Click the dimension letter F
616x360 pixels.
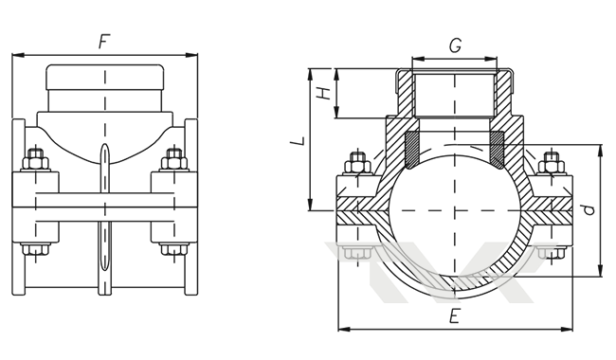pyautogui.click(x=104, y=42)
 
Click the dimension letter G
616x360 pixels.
pyautogui.click(x=455, y=45)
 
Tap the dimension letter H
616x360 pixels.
pyautogui.click(x=324, y=94)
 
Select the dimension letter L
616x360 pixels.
pyautogui.click(x=299, y=140)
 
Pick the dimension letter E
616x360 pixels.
pyautogui.click(x=455, y=316)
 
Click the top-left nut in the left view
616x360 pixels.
pyautogui.click(x=36, y=160)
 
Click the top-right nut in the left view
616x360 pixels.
pyautogui.click(x=174, y=160)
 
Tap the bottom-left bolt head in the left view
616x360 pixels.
pyautogui.click(x=36, y=249)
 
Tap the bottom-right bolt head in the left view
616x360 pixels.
pyautogui.click(x=174, y=249)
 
